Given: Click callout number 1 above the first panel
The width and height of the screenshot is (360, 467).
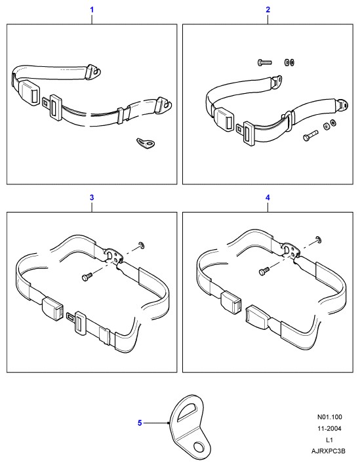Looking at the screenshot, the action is [92, 10].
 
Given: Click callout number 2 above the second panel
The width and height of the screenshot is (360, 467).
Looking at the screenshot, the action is [268, 10].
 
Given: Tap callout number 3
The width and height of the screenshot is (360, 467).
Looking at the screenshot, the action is [92, 197].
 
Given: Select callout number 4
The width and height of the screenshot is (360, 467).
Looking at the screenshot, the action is [268, 197].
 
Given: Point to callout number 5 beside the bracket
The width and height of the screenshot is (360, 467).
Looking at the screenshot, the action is [140, 423].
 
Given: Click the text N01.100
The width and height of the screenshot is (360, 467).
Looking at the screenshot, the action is [329, 417].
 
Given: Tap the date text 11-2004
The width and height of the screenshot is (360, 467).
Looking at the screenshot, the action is [329, 428].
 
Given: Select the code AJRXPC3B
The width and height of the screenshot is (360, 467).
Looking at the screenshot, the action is [329, 451].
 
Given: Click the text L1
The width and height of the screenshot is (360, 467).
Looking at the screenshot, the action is [329, 440].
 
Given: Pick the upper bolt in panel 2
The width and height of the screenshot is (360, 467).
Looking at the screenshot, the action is [264, 62].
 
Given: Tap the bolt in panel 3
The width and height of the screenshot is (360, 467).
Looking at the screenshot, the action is [87, 276].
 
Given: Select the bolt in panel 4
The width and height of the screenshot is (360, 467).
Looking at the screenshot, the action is [264, 271].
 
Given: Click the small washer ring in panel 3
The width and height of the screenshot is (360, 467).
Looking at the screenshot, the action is [142, 245].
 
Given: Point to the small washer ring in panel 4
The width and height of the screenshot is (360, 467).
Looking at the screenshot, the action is [319, 239].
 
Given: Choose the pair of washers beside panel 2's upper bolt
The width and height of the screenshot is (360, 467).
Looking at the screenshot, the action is [289, 62].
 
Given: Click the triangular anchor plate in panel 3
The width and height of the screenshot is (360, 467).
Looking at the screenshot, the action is [113, 255].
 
